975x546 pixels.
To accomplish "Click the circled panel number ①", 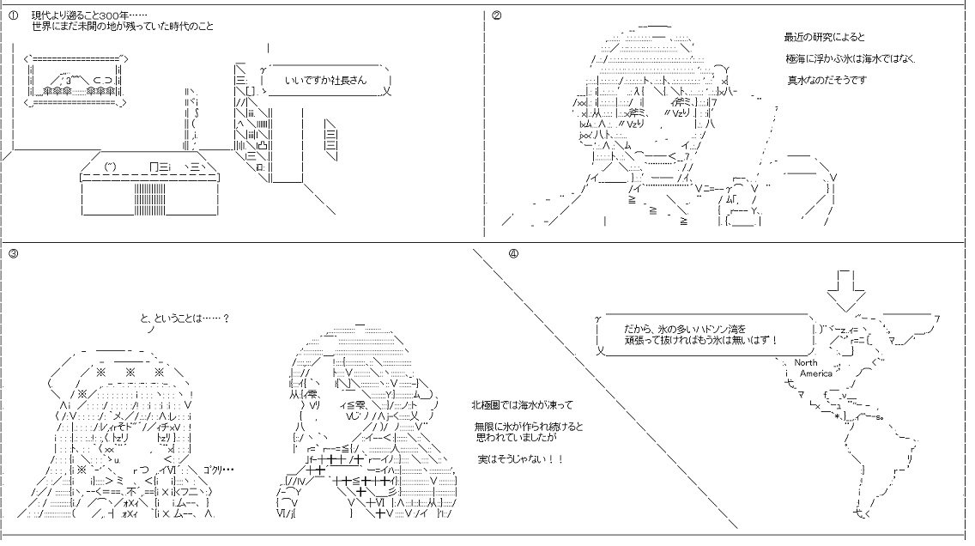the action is pos(12,15).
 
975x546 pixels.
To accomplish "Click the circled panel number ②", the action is pos(496,15).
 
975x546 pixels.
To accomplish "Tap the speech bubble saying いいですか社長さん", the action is pos(325,80).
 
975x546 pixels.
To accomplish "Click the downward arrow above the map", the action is pos(845,290).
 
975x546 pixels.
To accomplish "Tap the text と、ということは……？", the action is pos(184,318).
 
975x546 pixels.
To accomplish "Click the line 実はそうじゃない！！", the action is pos(520,459).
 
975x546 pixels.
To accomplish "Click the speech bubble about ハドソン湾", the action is pos(702,334).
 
